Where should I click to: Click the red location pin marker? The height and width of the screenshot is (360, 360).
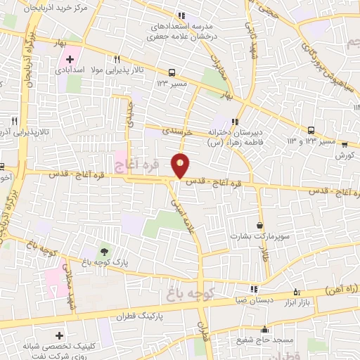(181, 165)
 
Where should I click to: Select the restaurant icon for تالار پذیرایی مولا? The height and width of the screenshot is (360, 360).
(118, 60)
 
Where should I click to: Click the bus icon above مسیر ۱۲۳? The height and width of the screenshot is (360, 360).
(172, 72)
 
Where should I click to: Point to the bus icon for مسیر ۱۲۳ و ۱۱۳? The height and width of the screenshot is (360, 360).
(311, 129)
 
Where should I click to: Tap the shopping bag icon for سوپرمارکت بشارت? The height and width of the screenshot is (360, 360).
(260, 226)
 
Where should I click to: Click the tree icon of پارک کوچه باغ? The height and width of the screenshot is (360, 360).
(103, 251)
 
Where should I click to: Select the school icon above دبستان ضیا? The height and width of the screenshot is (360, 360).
(254, 288)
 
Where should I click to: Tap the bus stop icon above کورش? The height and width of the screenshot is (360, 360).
(344, 144)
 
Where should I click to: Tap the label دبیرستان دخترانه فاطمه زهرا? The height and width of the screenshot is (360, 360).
(238, 137)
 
